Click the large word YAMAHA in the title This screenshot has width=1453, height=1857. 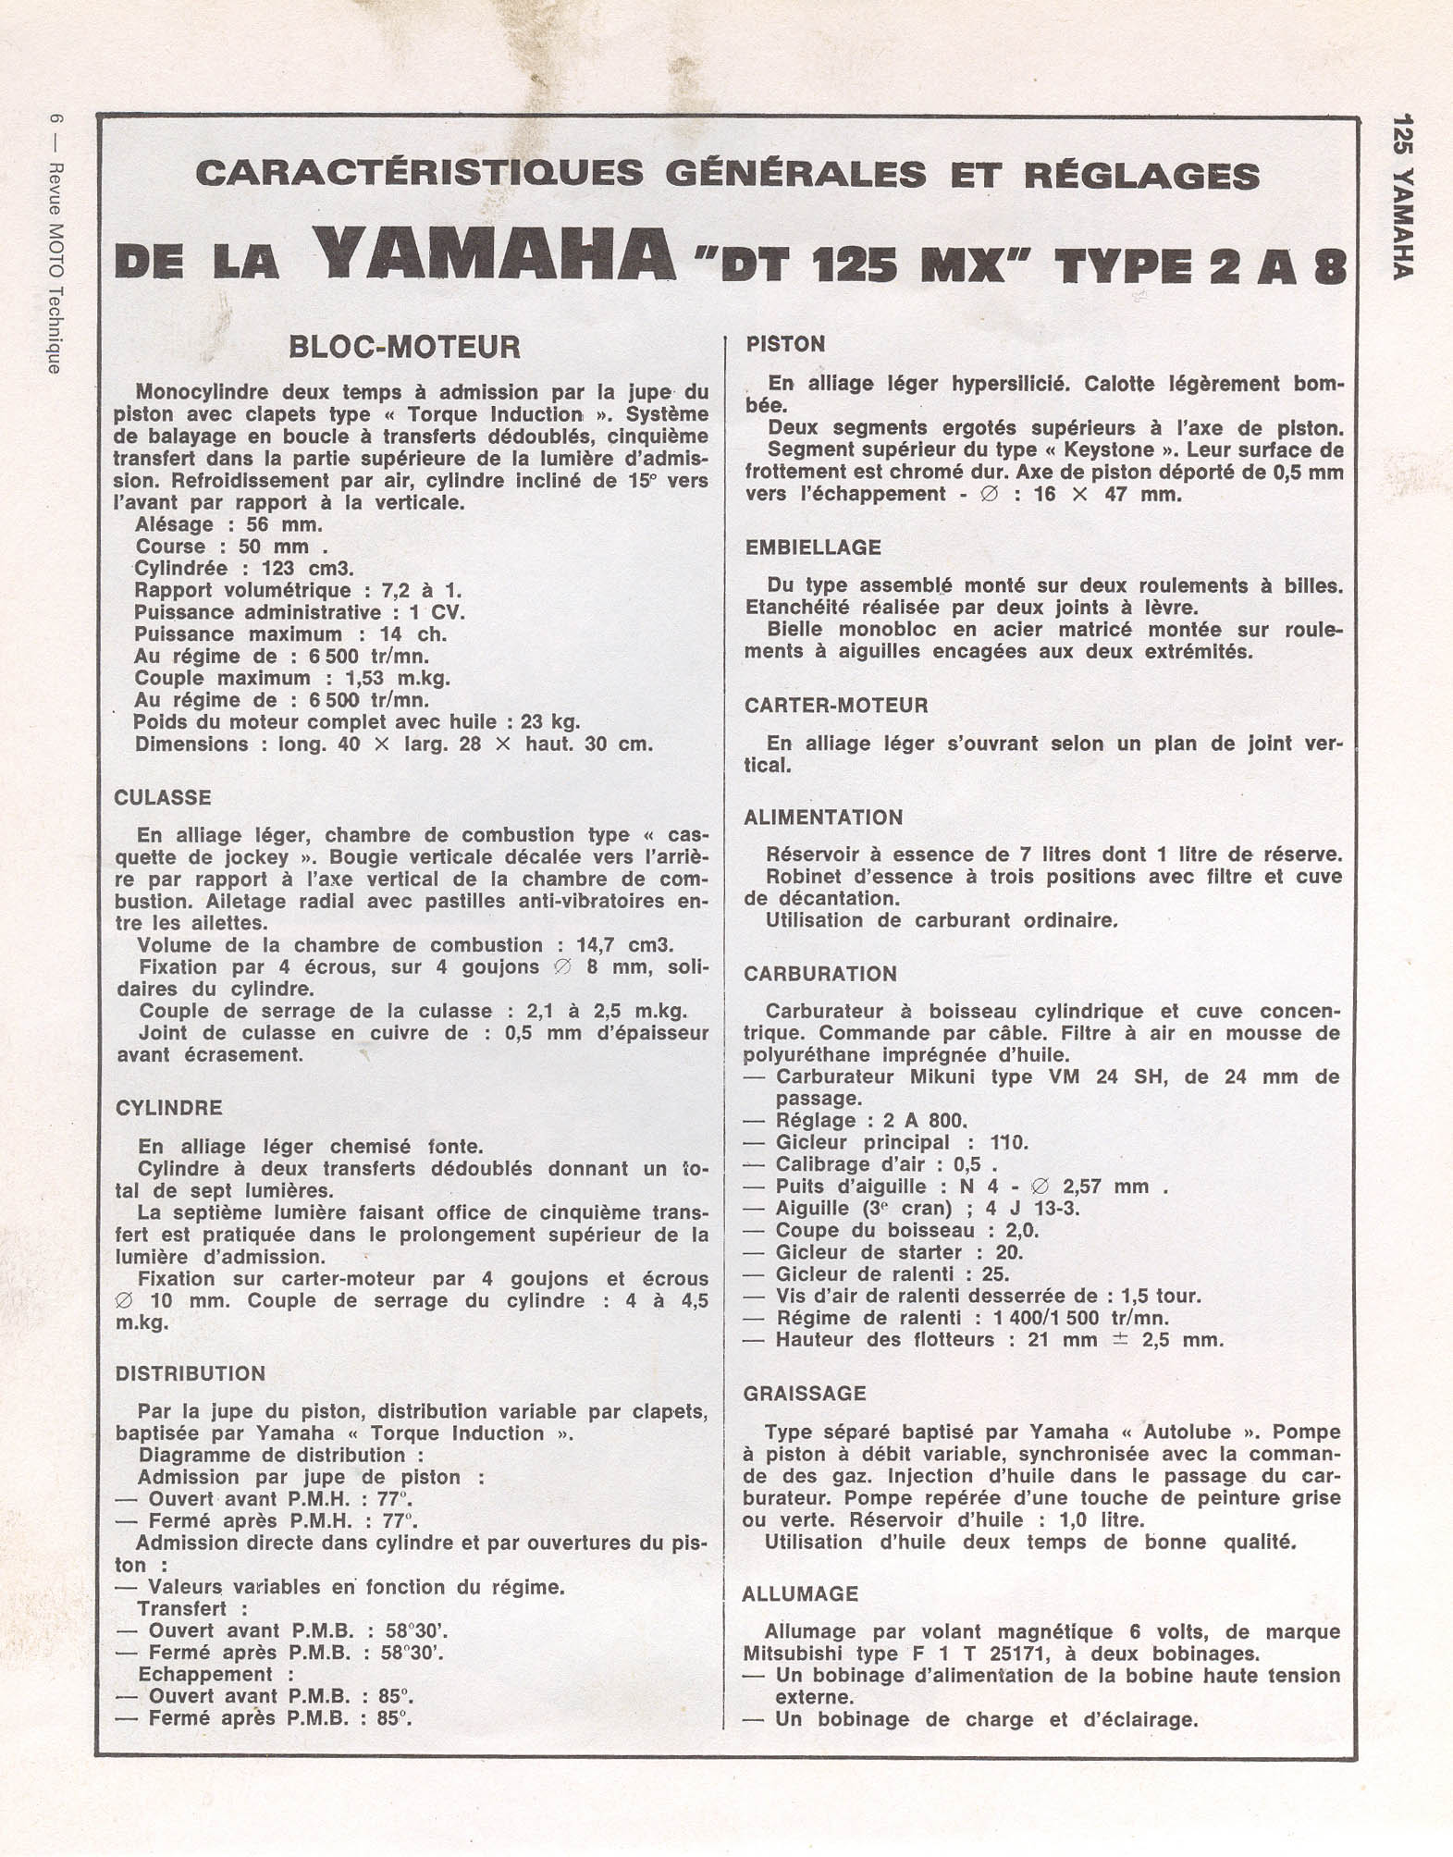pos(494,255)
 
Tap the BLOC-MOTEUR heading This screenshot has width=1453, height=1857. pos(404,347)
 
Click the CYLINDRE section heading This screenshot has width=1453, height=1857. pos(168,1108)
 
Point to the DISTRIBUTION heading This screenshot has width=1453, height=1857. pos(190,1373)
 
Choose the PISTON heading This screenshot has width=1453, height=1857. pos(785,345)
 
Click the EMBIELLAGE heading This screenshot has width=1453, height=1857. pos(813,547)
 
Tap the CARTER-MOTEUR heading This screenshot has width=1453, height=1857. pos(836,706)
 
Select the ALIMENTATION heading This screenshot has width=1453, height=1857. pos(823,818)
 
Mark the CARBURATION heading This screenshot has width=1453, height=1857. pos(820,974)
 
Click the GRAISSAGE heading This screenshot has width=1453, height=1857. pos(805,1394)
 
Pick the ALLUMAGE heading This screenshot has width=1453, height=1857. pos(800,1593)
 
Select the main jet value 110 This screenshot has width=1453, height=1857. pos(1008,1143)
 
